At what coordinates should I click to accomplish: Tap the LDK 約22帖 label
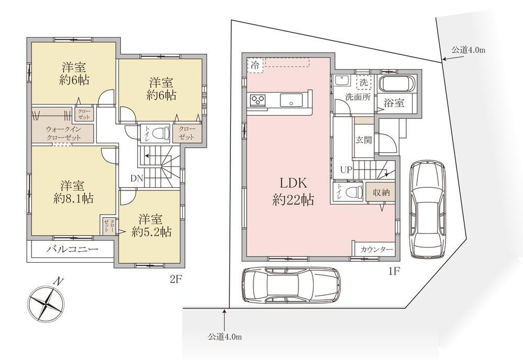[293, 192]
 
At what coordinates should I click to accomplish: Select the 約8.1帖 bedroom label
[73, 192]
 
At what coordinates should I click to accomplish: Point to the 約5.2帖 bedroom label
[151, 226]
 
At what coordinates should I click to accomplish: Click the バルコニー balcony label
[72, 249]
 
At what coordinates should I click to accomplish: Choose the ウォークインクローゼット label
[63, 133]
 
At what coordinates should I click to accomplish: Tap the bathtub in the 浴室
[397, 83]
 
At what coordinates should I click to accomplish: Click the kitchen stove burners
[258, 100]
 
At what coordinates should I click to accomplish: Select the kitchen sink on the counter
[291, 100]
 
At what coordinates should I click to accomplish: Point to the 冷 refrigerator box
[255, 65]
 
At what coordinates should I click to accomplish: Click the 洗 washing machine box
[363, 82]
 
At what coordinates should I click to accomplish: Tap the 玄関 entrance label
[363, 140]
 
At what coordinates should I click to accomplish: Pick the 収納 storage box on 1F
[381, 192]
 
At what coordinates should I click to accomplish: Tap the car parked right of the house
[428, 209]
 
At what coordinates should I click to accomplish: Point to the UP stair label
[346, 170]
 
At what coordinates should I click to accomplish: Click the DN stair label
[137, 178]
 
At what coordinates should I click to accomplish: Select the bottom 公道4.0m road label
[225, 336]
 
